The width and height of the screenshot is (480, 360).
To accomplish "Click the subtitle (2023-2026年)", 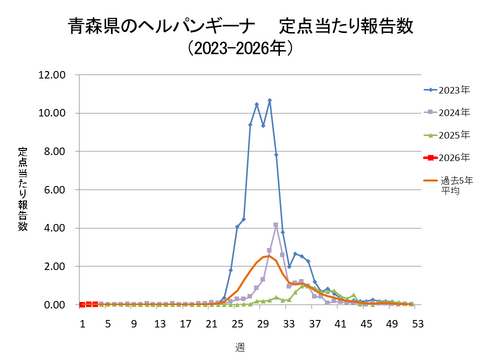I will pyautogui.click(x=240, y=47).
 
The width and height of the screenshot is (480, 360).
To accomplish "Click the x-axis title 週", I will pyautogui.click(x=240, y=346).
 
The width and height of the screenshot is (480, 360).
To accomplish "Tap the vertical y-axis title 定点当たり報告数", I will pyautogui.click(x=22, y=190).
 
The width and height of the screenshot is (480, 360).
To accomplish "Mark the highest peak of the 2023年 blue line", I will pyautogui.click(x=270, y=100).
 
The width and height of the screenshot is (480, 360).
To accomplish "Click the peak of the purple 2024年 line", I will pyautogui.click(x=276, y=225).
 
